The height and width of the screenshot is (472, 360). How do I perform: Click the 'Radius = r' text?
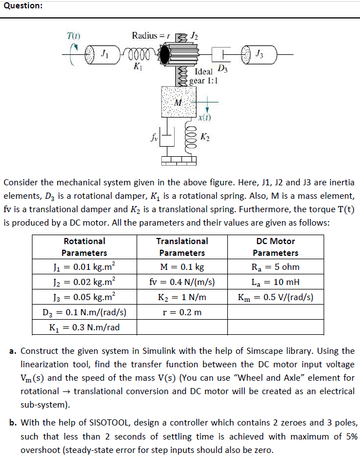point(150,36)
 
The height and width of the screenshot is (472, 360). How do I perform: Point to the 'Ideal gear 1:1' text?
point(203,76)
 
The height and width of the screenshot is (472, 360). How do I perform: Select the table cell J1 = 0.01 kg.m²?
point(84,267)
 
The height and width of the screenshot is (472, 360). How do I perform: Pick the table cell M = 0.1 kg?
point(182,267)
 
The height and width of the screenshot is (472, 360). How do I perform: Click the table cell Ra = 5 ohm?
point(275,267)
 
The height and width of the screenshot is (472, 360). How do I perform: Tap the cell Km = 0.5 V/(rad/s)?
point(275,297)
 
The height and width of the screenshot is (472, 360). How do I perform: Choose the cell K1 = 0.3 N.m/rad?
point(84,327)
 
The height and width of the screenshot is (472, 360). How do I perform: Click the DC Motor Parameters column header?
point(275,247)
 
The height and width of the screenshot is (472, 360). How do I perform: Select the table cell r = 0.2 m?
point(182,312)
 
